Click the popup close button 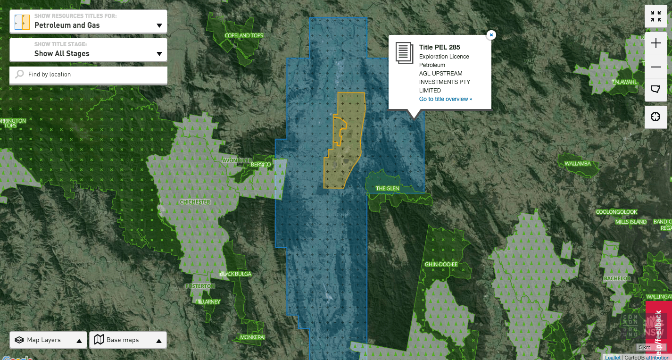[491, 35]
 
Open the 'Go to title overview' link [445, 99]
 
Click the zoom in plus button [655, 43]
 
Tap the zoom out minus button [655, 67]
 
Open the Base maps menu [128, 340]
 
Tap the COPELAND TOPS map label [244, 36]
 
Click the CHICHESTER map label [195, 202]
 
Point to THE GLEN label [387, 189]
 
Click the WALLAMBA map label [578, 164]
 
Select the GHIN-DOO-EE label [441, 265]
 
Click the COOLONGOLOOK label [616, 212]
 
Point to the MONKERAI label [252, 337]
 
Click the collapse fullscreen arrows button [655, 17]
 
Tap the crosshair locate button [655, 117]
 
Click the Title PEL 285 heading [440, 47]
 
